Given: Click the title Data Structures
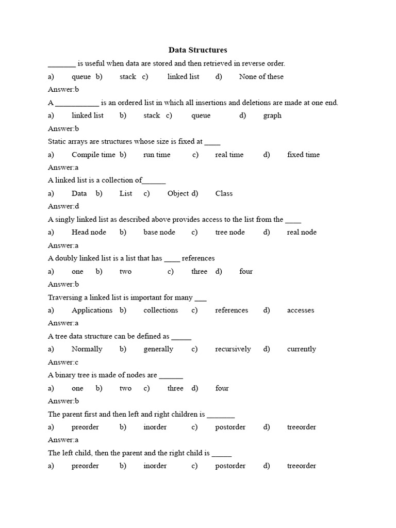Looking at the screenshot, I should [x=197, y=50].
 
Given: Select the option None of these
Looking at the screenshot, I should [x=261, y=76].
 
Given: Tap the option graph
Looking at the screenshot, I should [x=272, y=115].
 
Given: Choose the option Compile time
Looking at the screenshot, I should [x=93, y=154].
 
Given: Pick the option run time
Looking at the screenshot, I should [x=157, y=154].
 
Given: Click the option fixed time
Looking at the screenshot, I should [x=303, y=154].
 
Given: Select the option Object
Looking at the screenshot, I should [x=178, y=193].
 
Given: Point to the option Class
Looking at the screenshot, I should [x=224, y=193].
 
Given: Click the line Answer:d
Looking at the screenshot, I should [x=63, y=206].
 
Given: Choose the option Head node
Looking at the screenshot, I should [x=89, y=232].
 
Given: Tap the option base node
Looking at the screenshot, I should [x=159, y=232].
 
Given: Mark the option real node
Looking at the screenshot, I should [x=302, y=232].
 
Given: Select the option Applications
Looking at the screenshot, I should [x=92, y=310].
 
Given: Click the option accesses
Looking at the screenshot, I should [x=301, y=310].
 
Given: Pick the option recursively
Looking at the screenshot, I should [x=233, y=349].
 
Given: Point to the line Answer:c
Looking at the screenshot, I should [x=63, y=362].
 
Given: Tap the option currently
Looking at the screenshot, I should [x=302, y=349].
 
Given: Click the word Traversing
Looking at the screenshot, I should [x=63, y=297].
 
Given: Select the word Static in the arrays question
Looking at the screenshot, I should [x=57, y=141].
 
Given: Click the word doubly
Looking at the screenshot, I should [x=68, y=258].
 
